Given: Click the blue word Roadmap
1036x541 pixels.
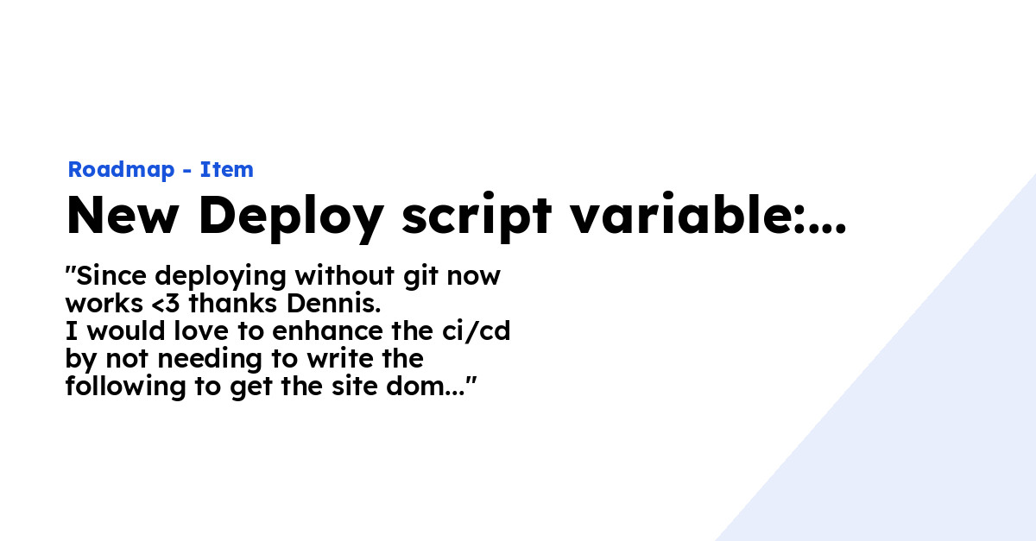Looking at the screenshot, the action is click(121, 170).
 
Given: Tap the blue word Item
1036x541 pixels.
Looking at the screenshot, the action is click(226, 169).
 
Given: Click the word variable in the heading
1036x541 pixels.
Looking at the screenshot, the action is click(682, 213).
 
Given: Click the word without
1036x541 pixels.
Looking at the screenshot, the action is click(344, 275).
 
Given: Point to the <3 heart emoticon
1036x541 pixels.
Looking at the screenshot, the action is click(165, 304).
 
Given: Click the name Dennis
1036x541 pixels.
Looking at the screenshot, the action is click(333, 304).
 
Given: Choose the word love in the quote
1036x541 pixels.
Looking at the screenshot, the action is click(201, 331).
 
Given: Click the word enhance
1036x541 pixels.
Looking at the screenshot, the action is click(327, 331).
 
